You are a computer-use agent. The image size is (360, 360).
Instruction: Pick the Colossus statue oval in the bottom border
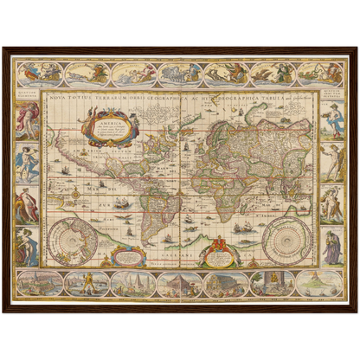point(86,282)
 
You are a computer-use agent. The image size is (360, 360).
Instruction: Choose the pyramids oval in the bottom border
point(133,282)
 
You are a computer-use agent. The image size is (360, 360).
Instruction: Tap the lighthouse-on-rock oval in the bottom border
point(319,282)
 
